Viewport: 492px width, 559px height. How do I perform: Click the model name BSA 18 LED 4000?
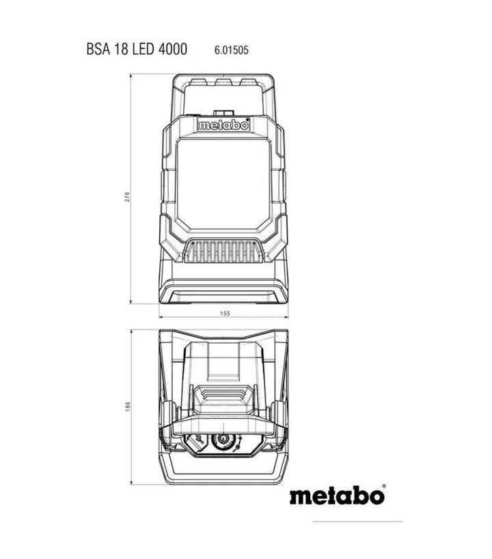(136, 50)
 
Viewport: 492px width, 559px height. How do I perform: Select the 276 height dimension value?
(128, 197)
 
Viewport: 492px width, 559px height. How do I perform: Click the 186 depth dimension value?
(128, 407)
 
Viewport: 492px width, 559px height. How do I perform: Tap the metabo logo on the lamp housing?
(223, 126)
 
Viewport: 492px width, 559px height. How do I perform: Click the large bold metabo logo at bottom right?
(336, 495)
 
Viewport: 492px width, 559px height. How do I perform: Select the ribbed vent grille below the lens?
(223, 254)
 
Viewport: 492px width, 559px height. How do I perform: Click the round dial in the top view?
(221, 441)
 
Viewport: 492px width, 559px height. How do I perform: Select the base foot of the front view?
(223, 290)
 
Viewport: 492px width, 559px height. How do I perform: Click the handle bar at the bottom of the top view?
(223, 476)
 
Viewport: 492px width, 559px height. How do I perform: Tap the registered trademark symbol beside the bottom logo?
(383, 487)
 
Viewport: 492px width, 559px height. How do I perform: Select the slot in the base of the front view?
(223, 295)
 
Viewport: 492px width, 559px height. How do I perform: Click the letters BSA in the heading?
(98, 50)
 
